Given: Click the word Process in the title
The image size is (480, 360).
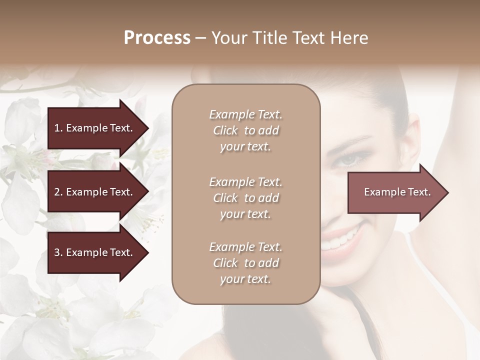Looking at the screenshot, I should point(157,38).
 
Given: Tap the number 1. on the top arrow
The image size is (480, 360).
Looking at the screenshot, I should point(58,128).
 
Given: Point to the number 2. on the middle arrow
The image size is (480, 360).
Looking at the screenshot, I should point(58,192).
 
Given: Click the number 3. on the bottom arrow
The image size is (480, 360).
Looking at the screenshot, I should point(58,252).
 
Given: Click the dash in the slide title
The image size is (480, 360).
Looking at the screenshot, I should point(200,38).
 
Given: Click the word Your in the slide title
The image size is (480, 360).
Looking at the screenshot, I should point(227,38).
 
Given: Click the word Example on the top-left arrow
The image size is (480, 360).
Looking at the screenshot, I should point(87,128).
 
